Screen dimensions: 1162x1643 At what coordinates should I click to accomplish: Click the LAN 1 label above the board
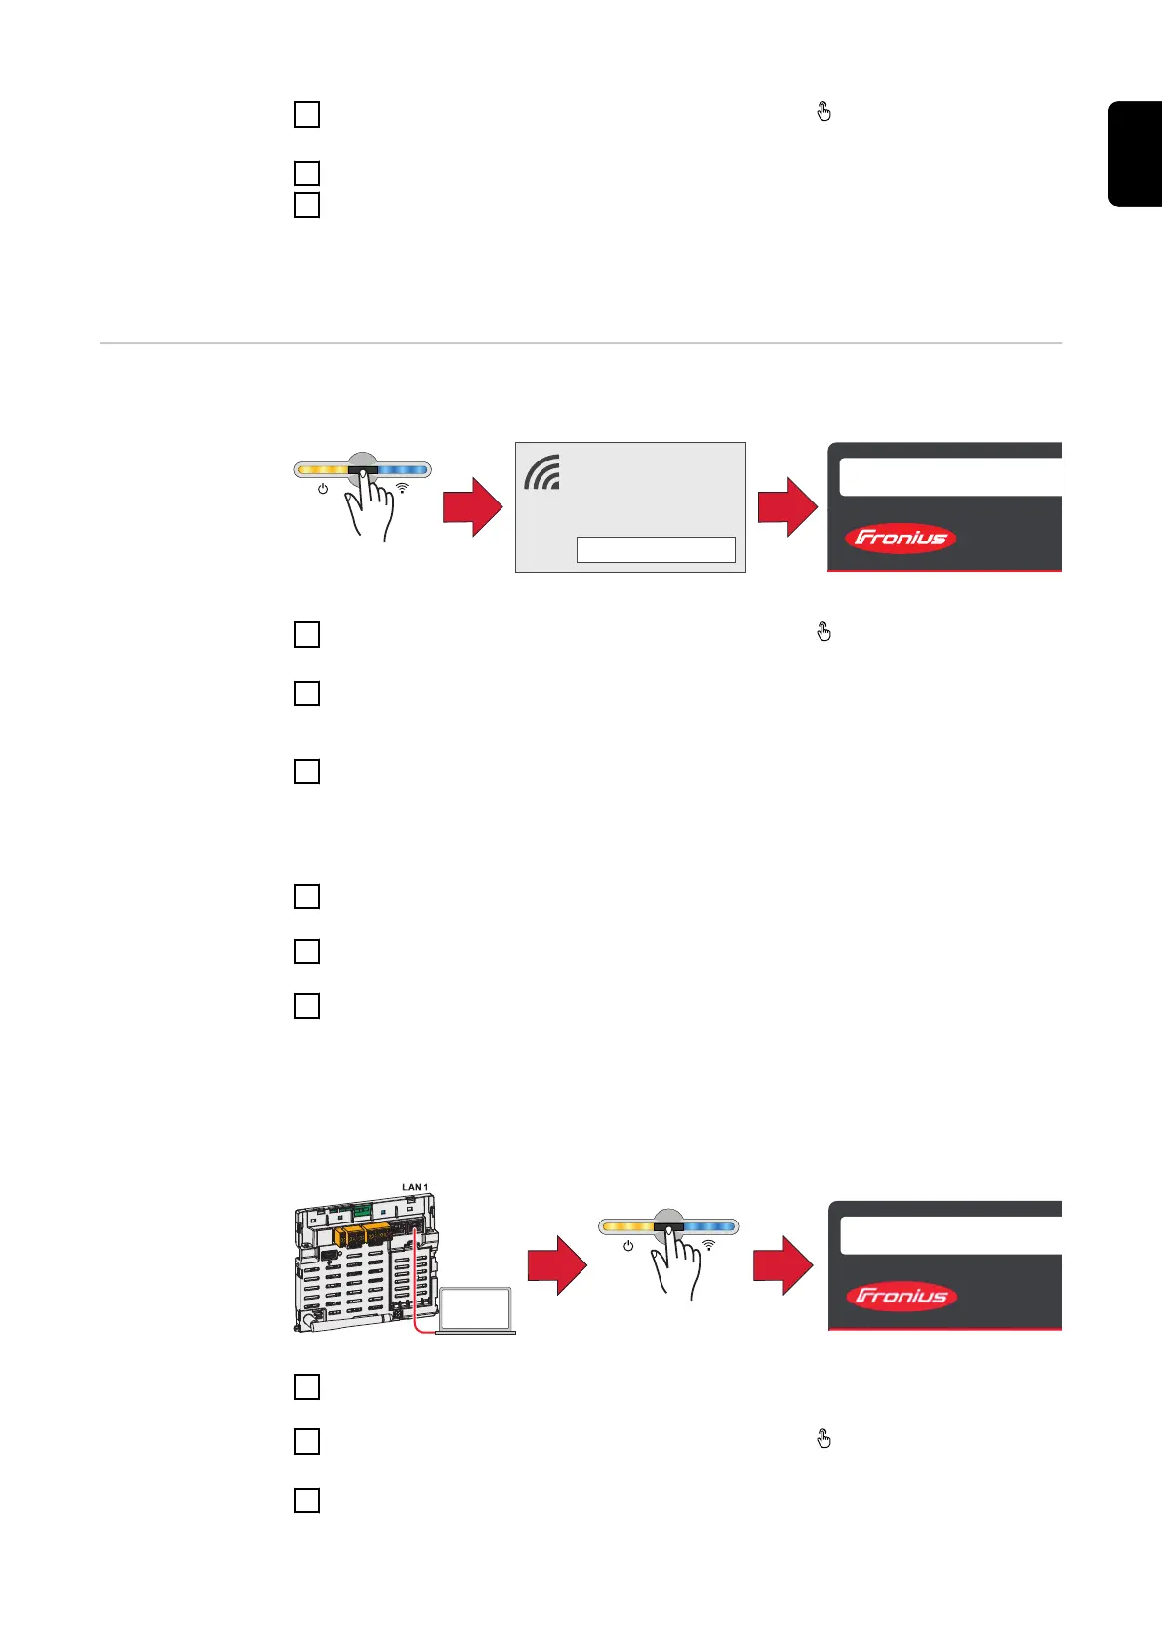coord(415,1187)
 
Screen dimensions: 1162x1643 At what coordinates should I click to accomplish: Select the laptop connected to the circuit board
coord(475,1310)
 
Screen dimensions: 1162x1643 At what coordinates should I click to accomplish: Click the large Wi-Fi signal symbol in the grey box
coord(542,472)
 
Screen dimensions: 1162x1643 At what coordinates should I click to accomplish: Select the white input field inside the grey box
coord(656,549)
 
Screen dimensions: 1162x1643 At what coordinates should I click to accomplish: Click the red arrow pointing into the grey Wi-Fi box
coord(472,507)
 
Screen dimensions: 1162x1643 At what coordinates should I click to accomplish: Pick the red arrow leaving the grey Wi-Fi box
coord(786,507)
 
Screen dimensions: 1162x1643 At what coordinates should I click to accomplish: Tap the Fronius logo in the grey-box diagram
coord(900,539)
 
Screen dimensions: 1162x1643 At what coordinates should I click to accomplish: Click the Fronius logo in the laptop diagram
coord(901,1296)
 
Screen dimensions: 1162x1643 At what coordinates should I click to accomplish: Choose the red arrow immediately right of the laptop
coord(556,1265)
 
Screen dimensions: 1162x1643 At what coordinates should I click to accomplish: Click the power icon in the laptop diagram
coord(628,1246)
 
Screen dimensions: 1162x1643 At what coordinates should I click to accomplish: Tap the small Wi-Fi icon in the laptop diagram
coord(709,1245)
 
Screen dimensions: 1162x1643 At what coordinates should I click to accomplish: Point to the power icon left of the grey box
coord(323,488)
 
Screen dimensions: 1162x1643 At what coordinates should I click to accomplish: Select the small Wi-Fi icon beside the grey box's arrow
coord(402,487)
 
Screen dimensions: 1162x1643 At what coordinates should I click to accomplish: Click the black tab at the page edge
coord(1136,153)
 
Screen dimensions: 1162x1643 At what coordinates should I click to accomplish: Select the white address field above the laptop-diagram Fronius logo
coord(950,1235)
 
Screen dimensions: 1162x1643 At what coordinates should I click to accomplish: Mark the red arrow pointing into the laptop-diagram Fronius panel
coord(782,1265)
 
